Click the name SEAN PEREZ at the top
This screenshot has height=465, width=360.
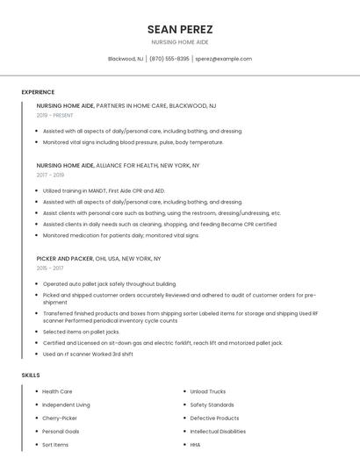tap(180, 29)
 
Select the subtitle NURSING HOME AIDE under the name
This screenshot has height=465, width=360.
tap(180, 42)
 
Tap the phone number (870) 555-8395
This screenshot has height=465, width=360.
tap(169, 59)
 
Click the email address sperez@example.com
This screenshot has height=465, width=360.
tap(223, 59)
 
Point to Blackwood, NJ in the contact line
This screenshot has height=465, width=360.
tap(126, 59)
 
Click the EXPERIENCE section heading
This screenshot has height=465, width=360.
tap(38, 92)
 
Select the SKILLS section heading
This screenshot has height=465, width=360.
tap(31, 376)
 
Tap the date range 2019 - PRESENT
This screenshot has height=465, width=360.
tap(54, 115)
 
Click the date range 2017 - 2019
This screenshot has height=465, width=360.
tap(50, 175)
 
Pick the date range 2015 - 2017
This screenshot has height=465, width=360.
tap(50, 268)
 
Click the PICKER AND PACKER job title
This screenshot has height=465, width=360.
tap(65, 259)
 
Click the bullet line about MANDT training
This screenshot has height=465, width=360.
tap(104, 190)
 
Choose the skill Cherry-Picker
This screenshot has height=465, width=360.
tap(60, 418)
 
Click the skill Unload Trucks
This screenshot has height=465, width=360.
tap(208, 391)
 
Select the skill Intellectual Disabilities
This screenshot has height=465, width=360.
tap(218, 432)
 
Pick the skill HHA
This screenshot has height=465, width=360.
tap(195, 445)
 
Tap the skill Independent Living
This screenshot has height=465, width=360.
tap(66, 404)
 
